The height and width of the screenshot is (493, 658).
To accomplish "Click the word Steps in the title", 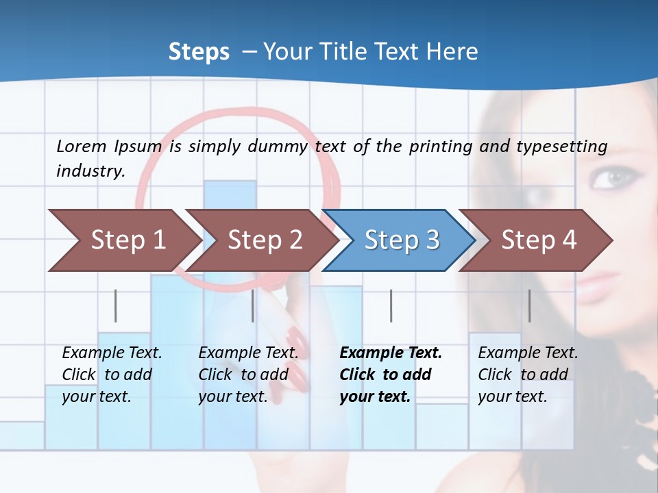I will (x=199, y=51).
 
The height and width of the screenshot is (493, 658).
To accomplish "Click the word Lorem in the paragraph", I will (x=80, y=146).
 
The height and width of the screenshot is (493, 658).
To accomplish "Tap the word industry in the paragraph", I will (x=90, y=170).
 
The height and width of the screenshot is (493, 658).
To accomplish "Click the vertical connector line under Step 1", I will (x=116, y=305).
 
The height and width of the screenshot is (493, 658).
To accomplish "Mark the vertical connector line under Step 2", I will (x=253, y=305).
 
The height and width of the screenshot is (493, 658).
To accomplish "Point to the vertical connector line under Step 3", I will (x=391, y=305).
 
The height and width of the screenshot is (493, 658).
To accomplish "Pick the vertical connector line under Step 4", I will (x=530, y=305).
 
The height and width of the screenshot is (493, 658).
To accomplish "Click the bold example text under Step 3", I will (x=391, y=375).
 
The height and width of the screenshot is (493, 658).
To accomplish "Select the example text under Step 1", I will (x=112, y=375).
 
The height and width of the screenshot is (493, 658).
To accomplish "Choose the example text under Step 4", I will (x=528, y=375).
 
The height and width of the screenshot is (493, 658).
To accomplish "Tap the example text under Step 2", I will (x=248, y=375).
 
